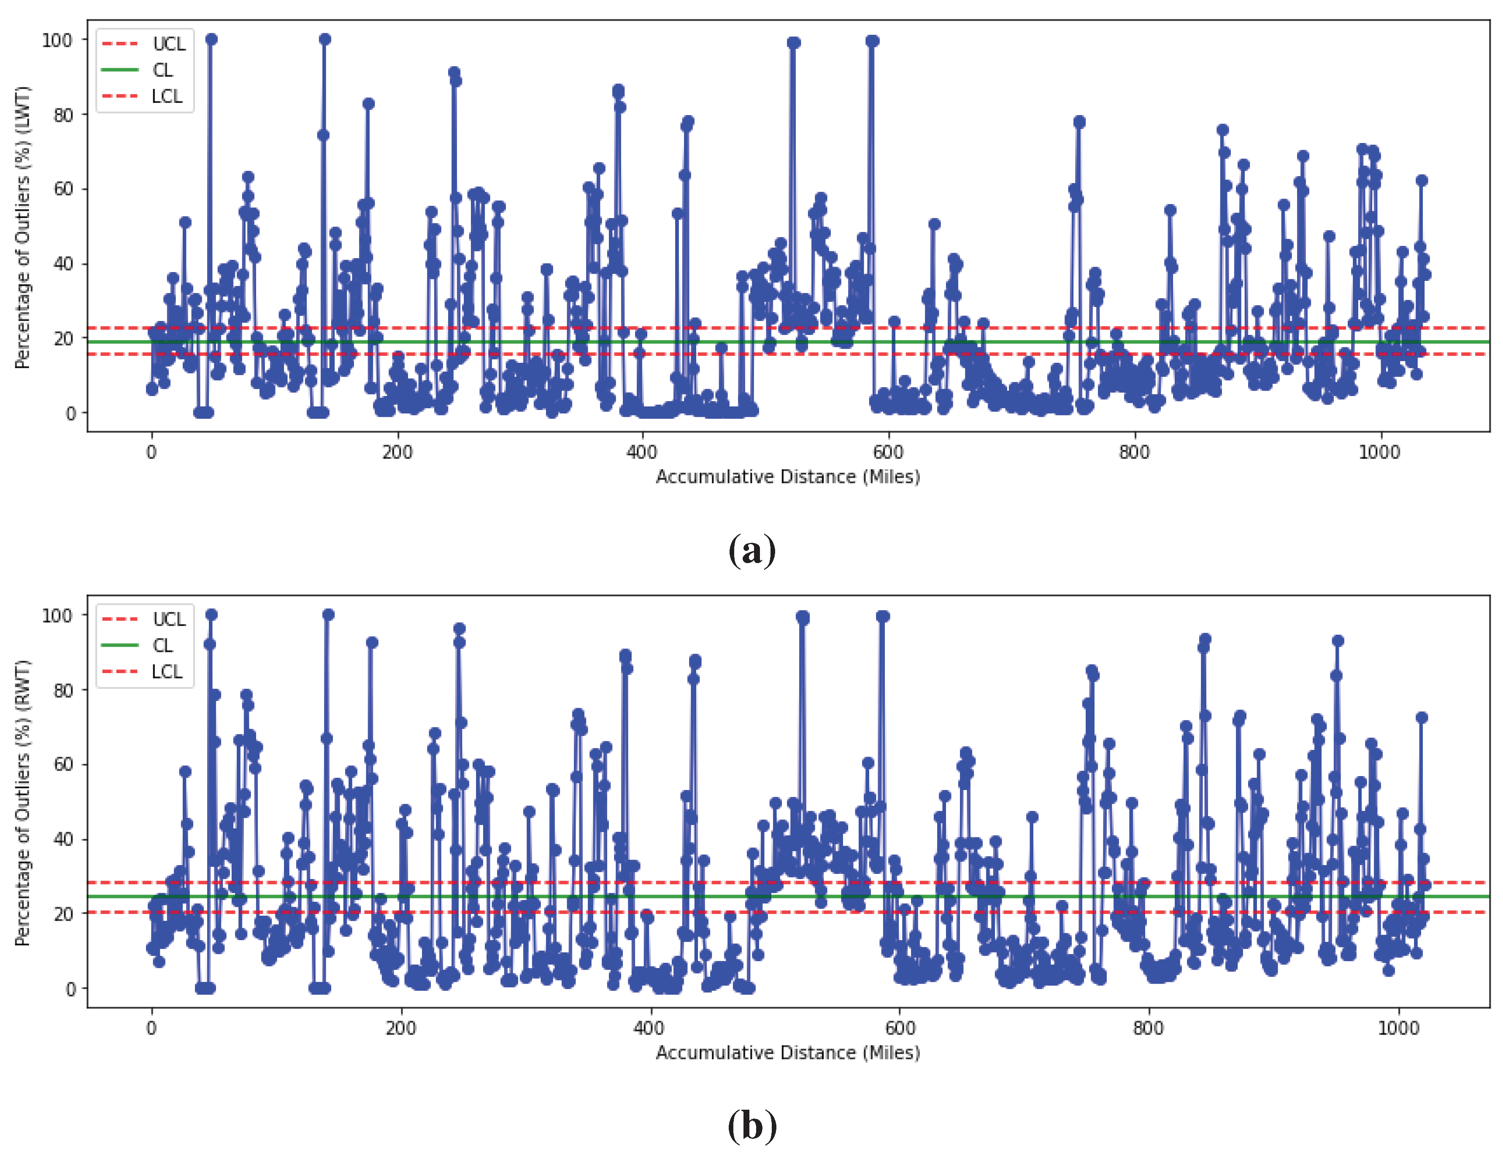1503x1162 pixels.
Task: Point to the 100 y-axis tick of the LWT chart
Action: click(57, 40)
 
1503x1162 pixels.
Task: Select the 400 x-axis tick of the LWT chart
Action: click(642, 452)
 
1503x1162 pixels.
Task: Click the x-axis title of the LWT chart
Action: click(788, 477)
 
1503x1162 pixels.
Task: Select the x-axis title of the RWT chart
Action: click(788, 1053)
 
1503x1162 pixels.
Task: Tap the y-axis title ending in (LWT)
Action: click(23, 227)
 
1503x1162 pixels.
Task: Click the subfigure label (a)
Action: click(751, 550)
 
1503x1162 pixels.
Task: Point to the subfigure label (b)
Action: click(751, 1126)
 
